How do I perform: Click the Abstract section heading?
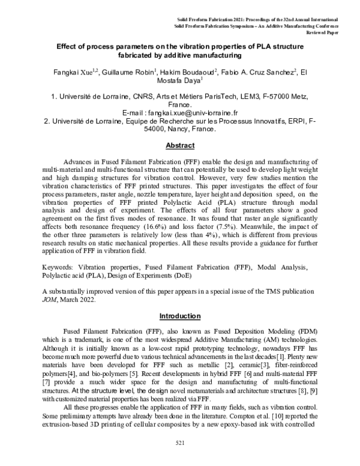tap(179, 145)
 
